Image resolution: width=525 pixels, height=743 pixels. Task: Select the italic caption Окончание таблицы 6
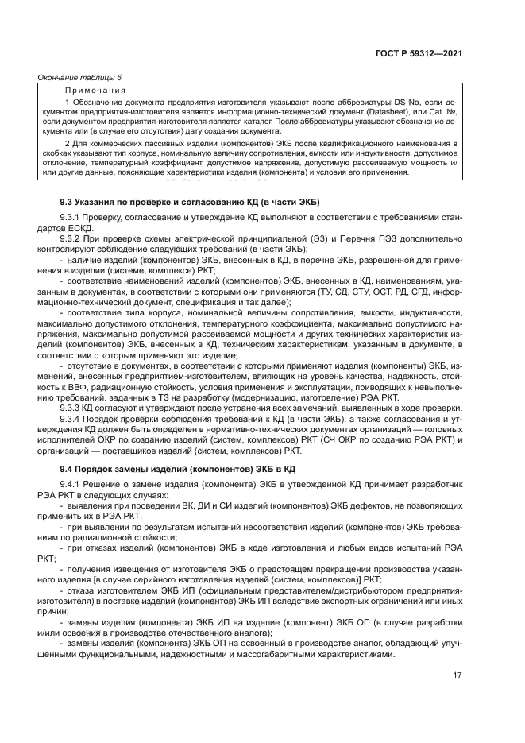pyautogui.click(x=80, y=77)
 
